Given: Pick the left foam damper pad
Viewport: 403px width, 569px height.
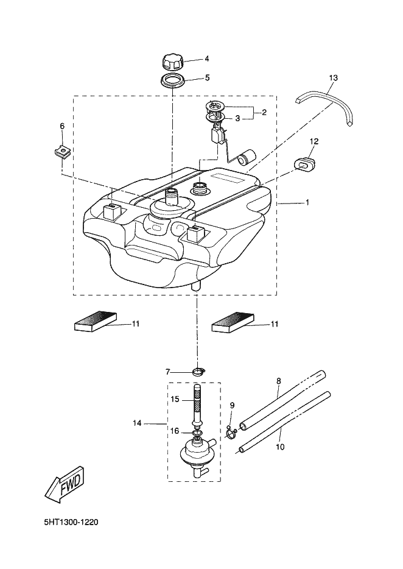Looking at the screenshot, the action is [96, 321].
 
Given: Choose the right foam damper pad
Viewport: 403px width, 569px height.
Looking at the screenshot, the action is [233, 321].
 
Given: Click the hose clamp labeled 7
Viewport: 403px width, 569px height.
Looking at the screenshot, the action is [198, 372].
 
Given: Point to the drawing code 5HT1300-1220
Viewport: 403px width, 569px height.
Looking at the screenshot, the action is [71, 523].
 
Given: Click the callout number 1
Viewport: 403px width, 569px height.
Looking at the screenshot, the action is [307, 202].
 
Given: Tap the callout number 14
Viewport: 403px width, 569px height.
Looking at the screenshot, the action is [137, 423].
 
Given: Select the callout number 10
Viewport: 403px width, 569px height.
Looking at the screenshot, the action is [280, 447].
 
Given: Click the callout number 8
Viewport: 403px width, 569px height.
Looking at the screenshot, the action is [279, 381].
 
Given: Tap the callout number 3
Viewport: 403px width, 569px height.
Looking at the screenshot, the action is [237, 118].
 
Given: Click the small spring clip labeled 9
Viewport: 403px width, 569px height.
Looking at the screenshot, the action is [231, 431].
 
